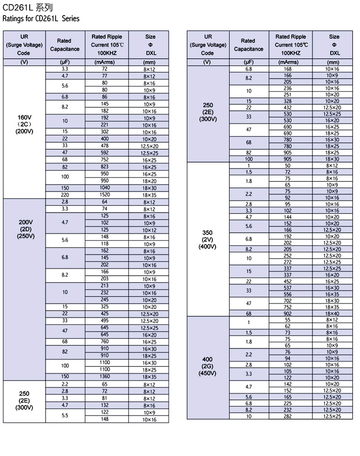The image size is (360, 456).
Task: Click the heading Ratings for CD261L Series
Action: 41,19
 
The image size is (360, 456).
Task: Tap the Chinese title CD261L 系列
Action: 28,8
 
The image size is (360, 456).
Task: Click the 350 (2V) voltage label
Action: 207,239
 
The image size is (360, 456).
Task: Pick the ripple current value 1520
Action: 105,195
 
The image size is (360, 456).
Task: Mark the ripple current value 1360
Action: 105,377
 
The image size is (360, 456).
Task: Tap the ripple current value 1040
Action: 105,188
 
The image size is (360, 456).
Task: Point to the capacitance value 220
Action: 65,195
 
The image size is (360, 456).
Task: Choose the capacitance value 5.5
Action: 65,415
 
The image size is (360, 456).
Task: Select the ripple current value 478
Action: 105,146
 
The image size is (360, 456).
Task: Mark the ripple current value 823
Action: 105,167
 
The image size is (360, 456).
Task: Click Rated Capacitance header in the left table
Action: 64,45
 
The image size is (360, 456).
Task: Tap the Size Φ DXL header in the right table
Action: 334,45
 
